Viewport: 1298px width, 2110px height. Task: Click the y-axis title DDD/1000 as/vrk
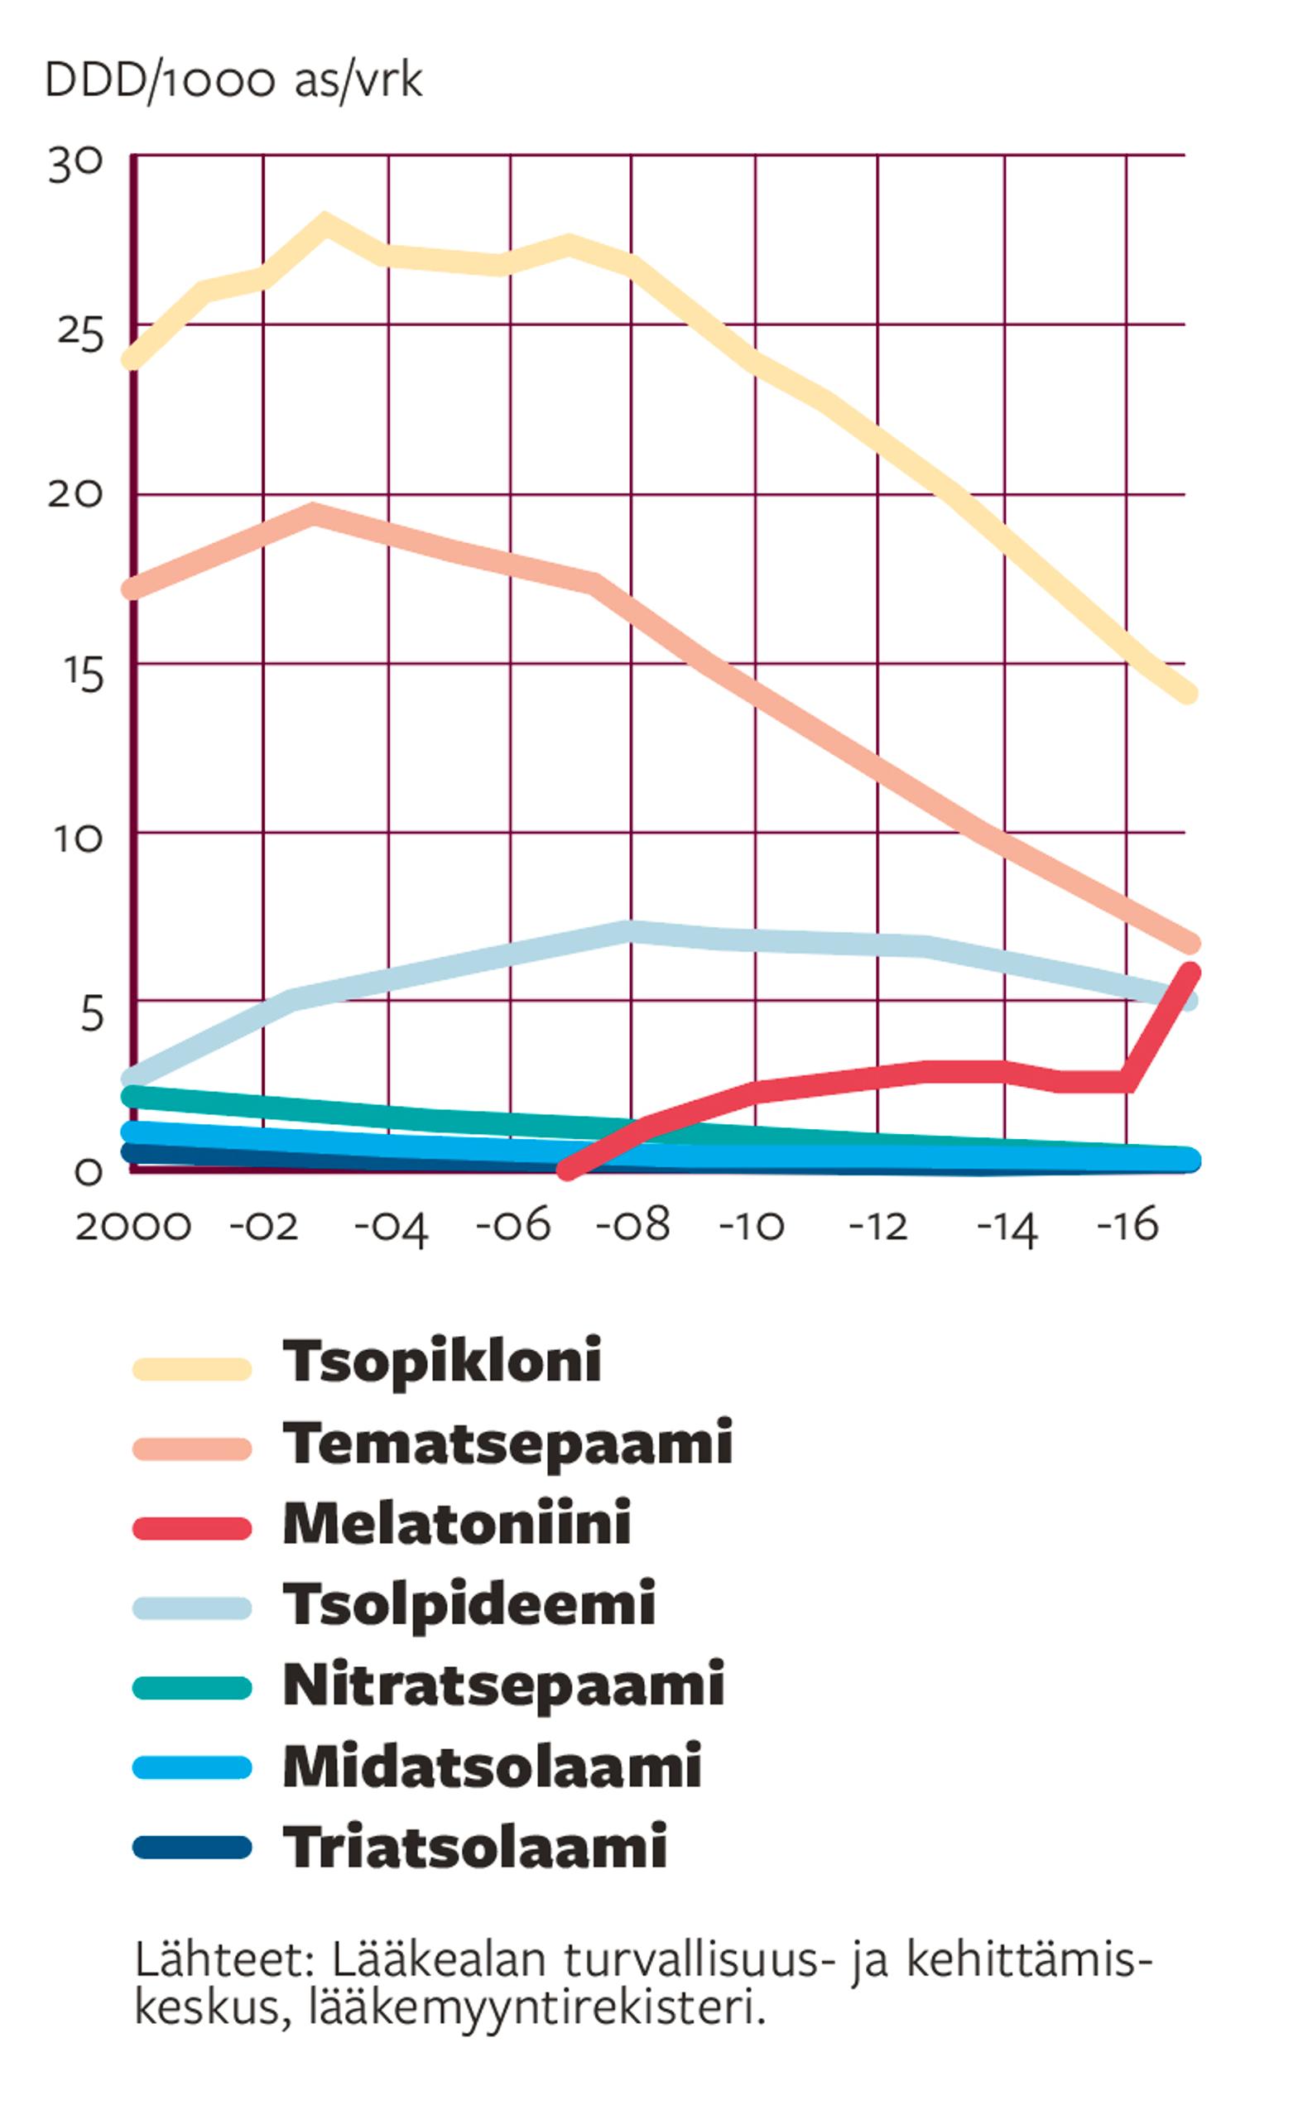pos(233,83)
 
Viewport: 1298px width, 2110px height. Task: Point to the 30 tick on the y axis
pos(75,163)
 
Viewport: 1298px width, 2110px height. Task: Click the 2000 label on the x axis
pos(133,1227)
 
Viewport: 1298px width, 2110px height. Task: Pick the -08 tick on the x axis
pos(633,1227)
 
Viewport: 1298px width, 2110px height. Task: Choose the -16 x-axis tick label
pos(1128,1227)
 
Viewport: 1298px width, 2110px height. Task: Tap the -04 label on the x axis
pos(391,1228)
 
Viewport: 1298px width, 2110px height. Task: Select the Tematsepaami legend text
pos(507,1443)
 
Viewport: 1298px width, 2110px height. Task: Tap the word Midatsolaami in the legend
pos(492,1766)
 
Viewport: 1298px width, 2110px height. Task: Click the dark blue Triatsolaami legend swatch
pos(192,1847)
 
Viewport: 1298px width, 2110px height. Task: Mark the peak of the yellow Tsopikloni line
pos(324,223)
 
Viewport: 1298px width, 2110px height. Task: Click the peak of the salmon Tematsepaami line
pos(315,514)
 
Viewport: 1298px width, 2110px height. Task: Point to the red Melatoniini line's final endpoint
pos(1190,973)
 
